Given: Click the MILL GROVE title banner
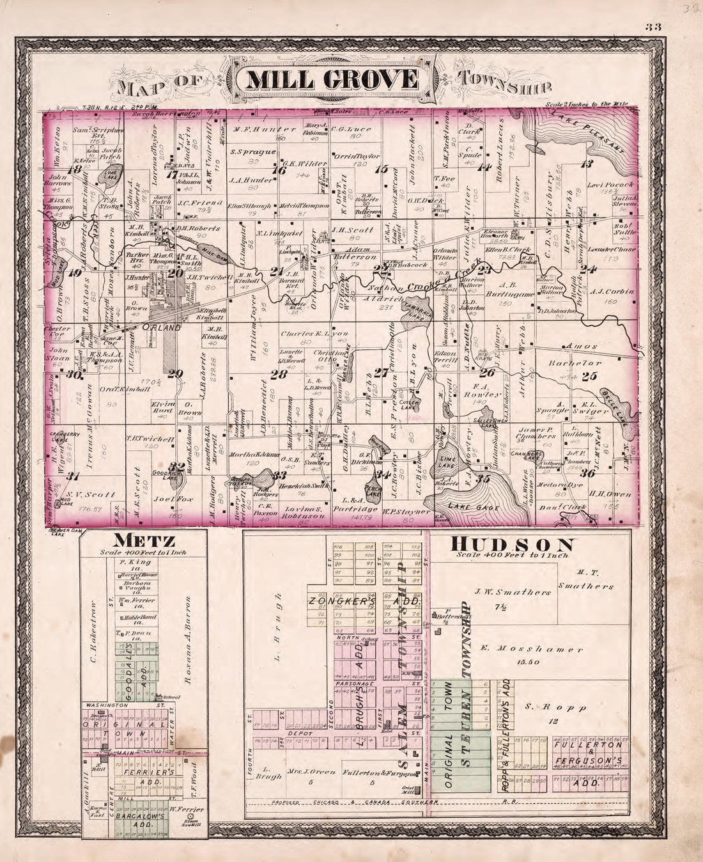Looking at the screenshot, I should tap(332, 80).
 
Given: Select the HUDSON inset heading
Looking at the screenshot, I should tap(513, 545).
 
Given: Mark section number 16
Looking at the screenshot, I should tap(278, 170).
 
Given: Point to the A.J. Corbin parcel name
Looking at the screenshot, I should tap(613, 291).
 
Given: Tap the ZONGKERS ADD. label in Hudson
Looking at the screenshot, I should tap(364, 602).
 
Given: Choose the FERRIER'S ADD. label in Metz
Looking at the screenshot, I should tap(148, 773).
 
